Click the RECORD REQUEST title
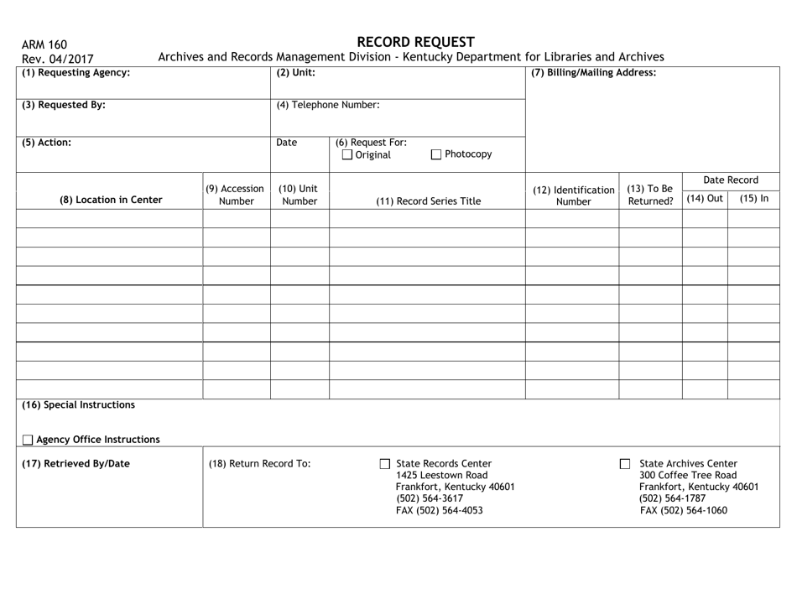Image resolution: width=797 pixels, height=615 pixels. pos(415,42)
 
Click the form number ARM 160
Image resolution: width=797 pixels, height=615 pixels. pos(44,44)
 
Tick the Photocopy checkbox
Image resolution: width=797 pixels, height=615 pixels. pos(437,154)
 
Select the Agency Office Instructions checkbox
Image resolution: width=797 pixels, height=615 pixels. pos(28,440)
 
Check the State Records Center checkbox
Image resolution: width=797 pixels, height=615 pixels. pos(385,464)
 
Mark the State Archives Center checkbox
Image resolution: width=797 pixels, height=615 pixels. pos(624,464)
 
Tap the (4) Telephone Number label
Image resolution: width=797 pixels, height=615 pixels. pos(328,106)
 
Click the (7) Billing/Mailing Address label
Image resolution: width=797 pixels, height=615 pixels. pos(594,73)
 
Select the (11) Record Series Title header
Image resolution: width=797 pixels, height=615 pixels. pos(427,201)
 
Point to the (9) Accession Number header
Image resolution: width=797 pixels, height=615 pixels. pos(236,195)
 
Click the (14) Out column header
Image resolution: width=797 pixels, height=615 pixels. pos(704,199)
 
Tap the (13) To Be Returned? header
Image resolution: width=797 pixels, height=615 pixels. pos(649,195)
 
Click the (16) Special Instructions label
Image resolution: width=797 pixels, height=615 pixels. pos(78,404)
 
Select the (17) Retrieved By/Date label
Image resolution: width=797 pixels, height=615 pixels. pos(76,463)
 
